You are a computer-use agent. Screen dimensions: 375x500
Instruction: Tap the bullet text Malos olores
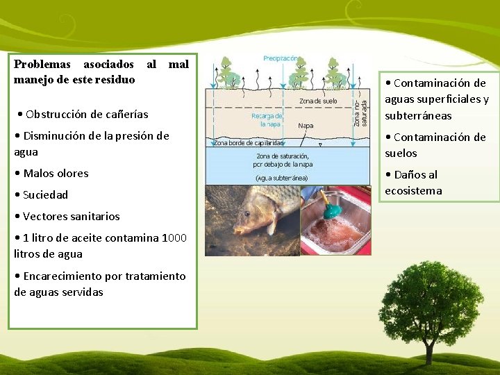55,173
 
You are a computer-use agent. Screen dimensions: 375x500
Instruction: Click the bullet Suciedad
45,194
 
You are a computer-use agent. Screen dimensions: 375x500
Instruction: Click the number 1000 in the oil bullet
174,237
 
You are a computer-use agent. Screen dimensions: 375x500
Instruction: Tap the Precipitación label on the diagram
282,59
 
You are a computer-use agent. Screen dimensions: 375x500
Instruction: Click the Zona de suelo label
319,101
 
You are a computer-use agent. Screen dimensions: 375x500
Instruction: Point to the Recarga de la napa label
267,119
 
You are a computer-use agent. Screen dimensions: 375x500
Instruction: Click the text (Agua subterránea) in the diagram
281,178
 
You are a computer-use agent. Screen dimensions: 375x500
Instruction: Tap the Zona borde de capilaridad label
249,143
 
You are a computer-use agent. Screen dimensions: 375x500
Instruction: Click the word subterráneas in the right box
418,115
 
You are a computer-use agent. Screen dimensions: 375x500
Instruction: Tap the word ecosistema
413,190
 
